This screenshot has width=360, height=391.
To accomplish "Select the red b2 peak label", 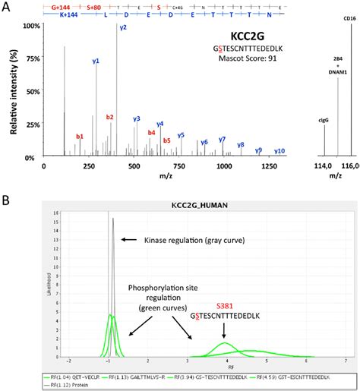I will point(110,117).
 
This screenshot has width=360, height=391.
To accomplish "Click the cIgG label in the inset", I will point(324,119).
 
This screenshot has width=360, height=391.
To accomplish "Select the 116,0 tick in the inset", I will point(351,166).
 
